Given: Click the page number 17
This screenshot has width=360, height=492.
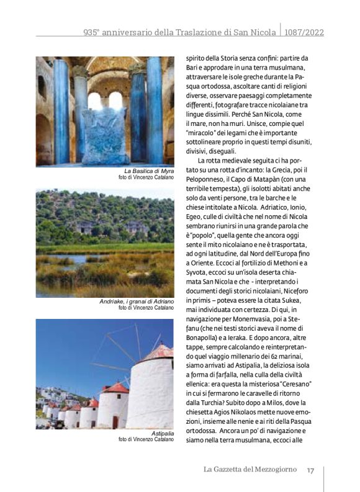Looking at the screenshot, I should pos(310,470).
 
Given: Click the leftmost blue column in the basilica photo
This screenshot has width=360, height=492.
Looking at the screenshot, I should pos(61,112).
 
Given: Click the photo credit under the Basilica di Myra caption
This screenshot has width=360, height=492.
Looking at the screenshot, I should pos(146,177).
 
